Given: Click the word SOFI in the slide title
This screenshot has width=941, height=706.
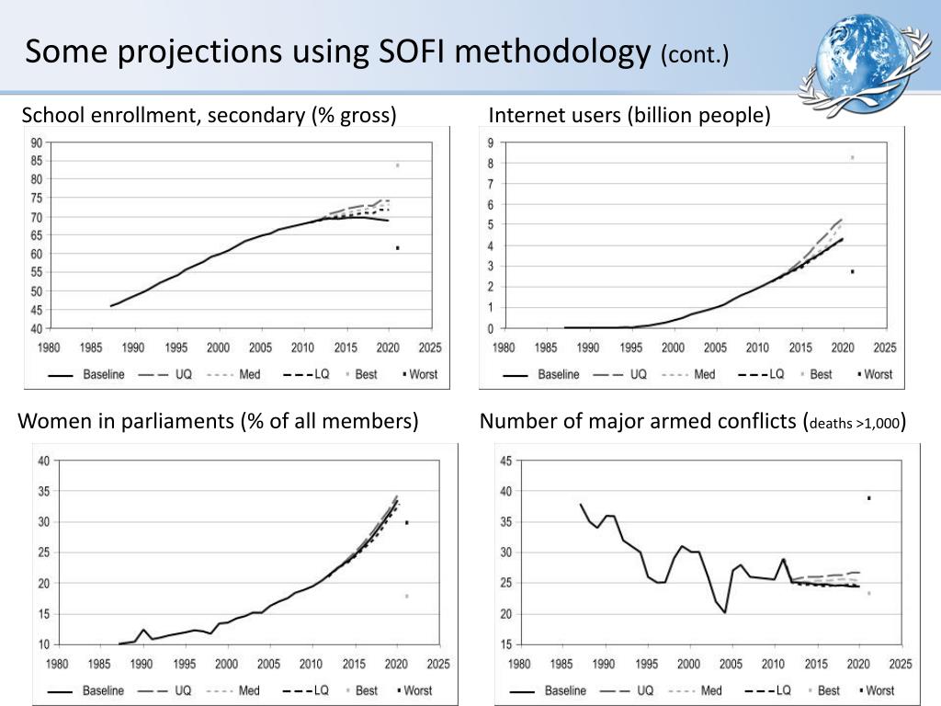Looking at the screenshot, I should click(413, 51).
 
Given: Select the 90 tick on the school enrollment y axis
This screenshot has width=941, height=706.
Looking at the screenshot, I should click(36, 142).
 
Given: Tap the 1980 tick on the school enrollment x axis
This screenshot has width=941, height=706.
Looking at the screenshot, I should click(49, 348).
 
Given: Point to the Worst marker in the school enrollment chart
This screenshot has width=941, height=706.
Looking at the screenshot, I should click(397, 248).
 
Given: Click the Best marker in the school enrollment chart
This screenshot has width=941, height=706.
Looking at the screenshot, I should click(397, 165).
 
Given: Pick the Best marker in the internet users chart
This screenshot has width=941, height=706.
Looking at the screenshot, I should click(852, 157).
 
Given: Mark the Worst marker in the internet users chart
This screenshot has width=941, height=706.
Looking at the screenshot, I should click(852, 271).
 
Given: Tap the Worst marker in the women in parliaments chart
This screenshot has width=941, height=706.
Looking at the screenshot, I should click(406, 522).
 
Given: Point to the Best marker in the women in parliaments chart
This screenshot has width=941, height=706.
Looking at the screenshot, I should click(406, 597).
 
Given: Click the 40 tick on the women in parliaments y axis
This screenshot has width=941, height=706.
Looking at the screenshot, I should click(43, 461).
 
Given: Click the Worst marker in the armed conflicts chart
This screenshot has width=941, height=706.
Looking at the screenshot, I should click(868, 498).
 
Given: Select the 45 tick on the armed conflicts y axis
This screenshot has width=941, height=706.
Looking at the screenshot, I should click(505, 461).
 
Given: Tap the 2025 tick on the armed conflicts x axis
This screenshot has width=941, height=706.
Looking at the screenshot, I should click(900, 664).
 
